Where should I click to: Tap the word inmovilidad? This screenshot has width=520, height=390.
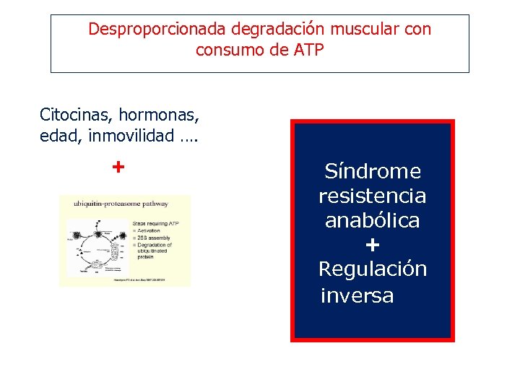coord(131,136)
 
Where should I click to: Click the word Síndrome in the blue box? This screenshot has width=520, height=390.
coord(372,171)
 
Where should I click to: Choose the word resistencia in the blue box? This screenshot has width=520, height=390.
coord(372,196)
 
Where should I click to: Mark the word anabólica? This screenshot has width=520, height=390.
coord(372,220)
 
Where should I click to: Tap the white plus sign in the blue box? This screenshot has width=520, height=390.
coord(372,245)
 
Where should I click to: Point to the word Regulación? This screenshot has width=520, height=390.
coord(372,269)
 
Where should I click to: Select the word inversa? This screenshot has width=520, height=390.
coord(357,295)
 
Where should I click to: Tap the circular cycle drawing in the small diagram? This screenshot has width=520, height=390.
coord(98,246)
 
